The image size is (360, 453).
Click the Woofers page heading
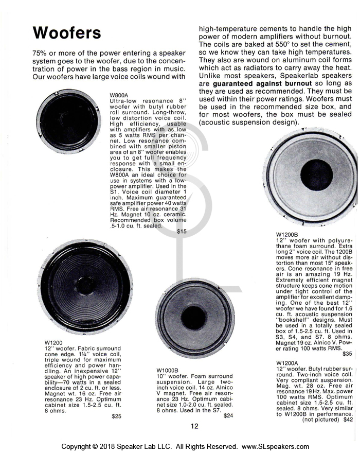point(67,33)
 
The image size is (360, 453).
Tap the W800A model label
point(119,95)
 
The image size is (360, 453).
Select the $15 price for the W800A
point(182,232)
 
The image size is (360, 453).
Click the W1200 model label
point(53,342)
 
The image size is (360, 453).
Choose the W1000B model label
point(168,370)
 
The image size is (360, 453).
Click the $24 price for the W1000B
point(228,415)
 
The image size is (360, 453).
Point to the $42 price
point(348,420)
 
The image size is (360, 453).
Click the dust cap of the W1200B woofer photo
point(316,175)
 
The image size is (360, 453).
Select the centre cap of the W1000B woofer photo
point(194,318)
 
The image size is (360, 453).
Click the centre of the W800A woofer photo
point(68,121)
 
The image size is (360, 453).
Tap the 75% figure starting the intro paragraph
point(42,54)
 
